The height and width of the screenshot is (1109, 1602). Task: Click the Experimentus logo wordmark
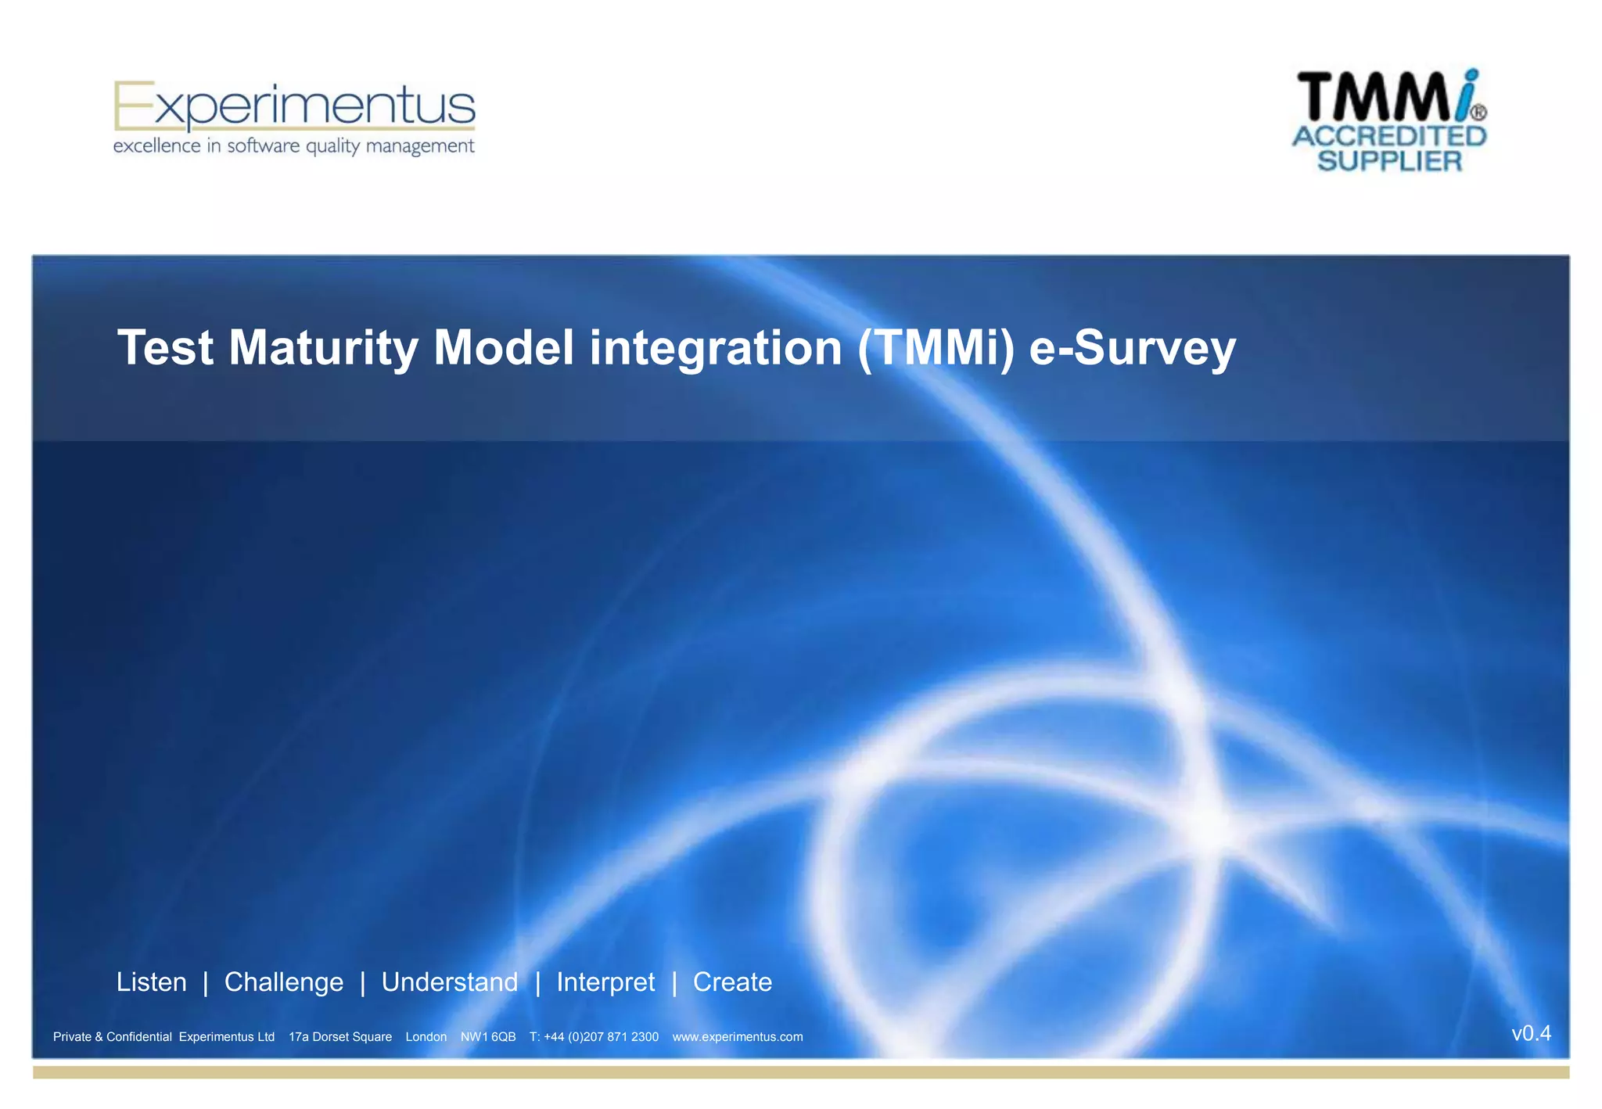(294, 106)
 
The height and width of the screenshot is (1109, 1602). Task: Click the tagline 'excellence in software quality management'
(294, 146)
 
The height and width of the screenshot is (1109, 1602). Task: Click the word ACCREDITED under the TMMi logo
(1389, 136)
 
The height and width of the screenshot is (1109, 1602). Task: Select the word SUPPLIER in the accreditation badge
(1389, 161)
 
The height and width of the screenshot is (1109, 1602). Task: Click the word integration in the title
(716, 347)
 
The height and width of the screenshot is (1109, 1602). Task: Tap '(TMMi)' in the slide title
(936, 347)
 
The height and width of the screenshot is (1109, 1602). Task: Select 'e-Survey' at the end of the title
(1132, 347)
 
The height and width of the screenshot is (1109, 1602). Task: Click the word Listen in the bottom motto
(152, 982)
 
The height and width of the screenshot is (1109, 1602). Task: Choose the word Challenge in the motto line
(284, 982)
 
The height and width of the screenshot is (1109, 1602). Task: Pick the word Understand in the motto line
(450, 982)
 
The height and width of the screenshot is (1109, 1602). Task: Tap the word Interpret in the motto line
(605, 982)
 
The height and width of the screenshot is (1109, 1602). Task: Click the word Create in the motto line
(732, 982)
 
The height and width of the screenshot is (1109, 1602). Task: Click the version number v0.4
(1531, 1033)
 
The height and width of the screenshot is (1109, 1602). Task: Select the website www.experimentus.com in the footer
(738, 1037)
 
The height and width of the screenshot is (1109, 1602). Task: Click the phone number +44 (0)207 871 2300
(601, 1037)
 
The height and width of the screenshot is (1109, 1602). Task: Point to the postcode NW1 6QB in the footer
(488, 1037)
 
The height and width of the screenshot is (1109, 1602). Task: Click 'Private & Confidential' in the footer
(113, 1037)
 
